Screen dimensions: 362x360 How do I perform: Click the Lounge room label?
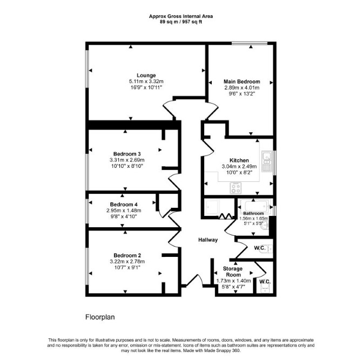click(x=146, y=76)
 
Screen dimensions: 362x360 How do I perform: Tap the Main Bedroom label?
click(x=242, y=81)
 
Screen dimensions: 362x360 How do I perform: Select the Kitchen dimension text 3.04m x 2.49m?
click(x=239, y=167)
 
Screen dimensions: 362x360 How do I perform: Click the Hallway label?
click(x=208, y=240)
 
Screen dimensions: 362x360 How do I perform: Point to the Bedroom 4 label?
click(x=124, y=205)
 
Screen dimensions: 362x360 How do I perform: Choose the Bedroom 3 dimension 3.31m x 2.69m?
click(x=127, y=160)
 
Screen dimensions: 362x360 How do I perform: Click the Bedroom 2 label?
click(x=127, y=255)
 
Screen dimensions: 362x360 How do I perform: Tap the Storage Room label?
click(x=233, y=271)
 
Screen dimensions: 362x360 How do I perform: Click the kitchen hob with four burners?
click(x=236, y=188)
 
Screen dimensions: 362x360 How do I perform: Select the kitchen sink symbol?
click(x=266, y=161)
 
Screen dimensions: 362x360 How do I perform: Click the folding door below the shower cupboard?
click(x=225, y=216)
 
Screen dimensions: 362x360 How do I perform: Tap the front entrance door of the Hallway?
click(x=195, y=281)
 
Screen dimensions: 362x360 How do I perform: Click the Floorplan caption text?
click(x=100, y=317)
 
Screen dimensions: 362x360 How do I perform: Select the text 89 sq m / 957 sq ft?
click(x=181, y=22)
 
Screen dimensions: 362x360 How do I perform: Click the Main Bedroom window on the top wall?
click(x=250, y=43)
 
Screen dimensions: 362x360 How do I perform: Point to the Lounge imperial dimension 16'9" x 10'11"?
click(x=146, y=87)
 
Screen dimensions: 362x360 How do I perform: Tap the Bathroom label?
click(x=253, y=213)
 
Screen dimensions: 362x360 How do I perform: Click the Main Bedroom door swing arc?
click(x=212, y=110)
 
